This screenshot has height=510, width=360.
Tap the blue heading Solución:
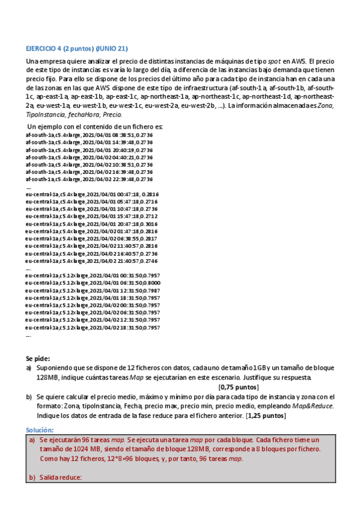click(40, 430)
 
